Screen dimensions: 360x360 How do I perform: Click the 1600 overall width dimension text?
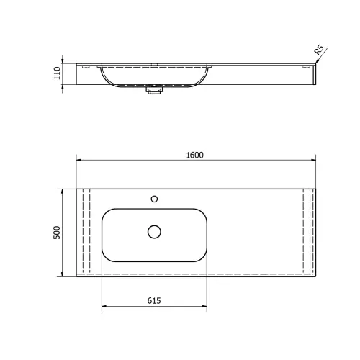(194, 155)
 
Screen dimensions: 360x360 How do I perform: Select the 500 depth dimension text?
(57, 233)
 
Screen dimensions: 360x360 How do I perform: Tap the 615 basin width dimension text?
(154, 300)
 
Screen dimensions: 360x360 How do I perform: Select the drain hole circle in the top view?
(154, 231)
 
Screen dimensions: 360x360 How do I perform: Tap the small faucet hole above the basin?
(153, 198)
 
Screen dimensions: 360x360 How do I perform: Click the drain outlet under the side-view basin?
(153, 91)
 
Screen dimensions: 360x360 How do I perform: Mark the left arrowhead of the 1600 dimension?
(79, 161)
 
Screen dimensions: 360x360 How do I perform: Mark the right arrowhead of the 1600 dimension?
(314, 161)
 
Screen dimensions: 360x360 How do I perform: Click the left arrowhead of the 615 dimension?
(105, 307)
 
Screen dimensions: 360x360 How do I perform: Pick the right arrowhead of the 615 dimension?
(206, 307)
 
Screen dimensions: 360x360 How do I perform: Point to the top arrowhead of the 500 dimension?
(63, 191)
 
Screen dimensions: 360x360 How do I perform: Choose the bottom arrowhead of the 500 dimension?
(63, 274)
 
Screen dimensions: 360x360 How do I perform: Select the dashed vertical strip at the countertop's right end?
(308, 232)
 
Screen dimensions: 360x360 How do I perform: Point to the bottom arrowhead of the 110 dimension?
(63, 86)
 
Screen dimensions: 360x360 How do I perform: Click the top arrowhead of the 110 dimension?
(63, 63)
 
